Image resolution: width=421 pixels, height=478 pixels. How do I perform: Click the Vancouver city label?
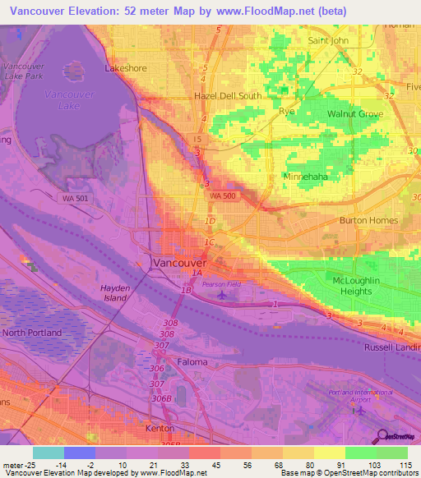tap(180, 262)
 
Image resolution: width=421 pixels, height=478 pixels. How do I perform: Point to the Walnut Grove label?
tap(355, 113)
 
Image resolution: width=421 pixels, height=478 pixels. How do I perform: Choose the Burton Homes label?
tap(368, 220)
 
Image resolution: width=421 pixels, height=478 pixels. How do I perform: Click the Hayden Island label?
tap(115, 293)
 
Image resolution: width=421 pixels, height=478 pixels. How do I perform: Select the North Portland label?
tap(32, 333)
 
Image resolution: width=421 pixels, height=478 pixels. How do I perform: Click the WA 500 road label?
tap(223, 196)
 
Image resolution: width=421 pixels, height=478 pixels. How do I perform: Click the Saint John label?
tap(328, 40)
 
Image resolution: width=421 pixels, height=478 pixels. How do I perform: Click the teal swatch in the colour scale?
tap(49, 453)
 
